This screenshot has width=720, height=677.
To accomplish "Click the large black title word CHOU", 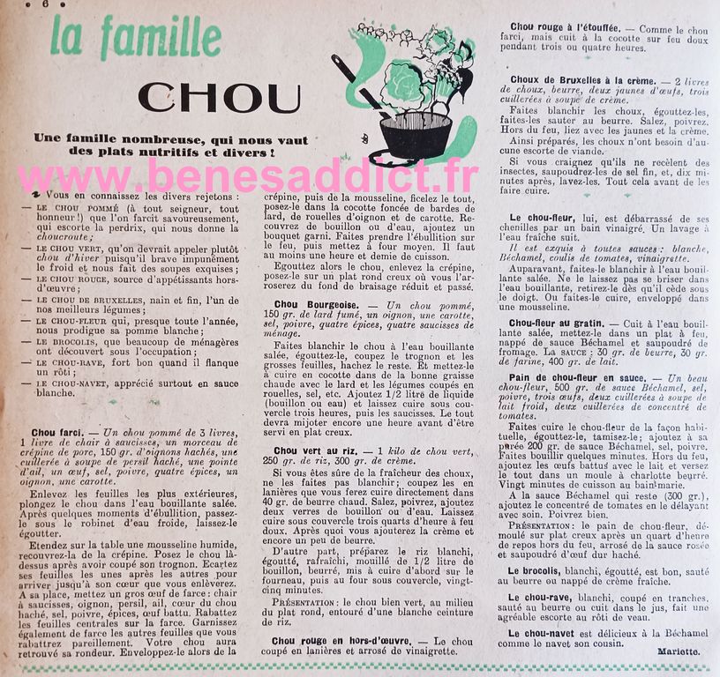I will point(220,96).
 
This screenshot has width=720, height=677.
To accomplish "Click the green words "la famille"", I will point(135,38).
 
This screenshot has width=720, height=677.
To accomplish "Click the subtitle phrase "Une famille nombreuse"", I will point(104,140).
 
